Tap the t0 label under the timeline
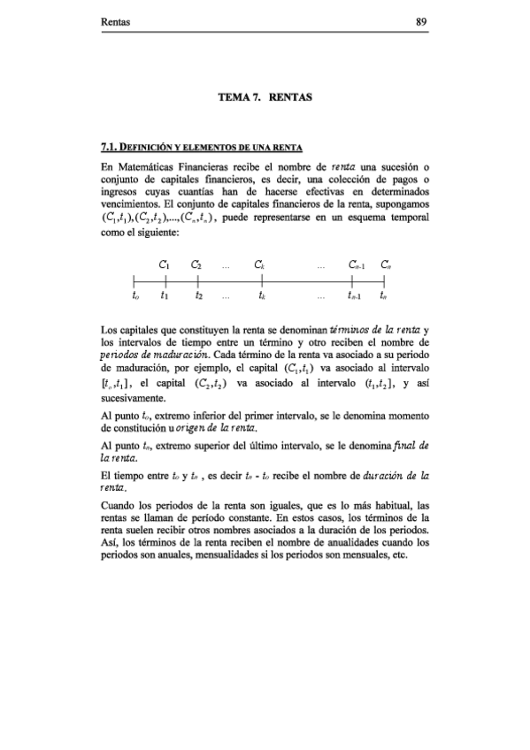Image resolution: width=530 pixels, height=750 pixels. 134,297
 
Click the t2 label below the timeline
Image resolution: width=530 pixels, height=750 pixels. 200,297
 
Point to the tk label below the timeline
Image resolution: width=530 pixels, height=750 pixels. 263,297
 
